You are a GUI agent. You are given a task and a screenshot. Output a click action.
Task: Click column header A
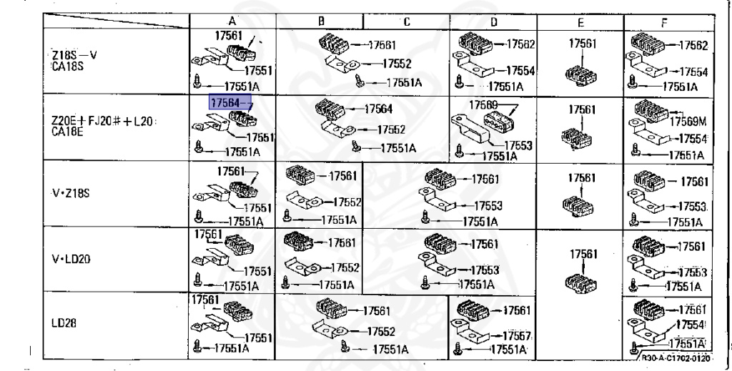pyautogui.click(x=232, y=21)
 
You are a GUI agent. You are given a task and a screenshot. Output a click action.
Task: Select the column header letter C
pyautogui.click(x=405, y=21)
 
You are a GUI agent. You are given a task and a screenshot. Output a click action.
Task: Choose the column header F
pyautogui.click(x=664, y=21)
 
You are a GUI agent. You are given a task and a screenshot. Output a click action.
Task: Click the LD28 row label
pyautogui.click(x=60, y=322)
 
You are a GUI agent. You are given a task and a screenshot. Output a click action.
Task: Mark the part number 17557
pyautogui.click(x=515, y=336)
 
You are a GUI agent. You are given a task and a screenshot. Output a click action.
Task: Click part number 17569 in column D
pyautogui.click(x=483, y=104)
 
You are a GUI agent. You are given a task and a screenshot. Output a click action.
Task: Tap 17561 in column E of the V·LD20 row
pyautogui.click(x=583, y=253)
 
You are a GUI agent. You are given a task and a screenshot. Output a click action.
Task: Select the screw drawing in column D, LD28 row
pyautogui.click(x=458, y=350)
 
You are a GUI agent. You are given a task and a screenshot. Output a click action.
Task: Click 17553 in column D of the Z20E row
pyautogui.click(x=518, y=144)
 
